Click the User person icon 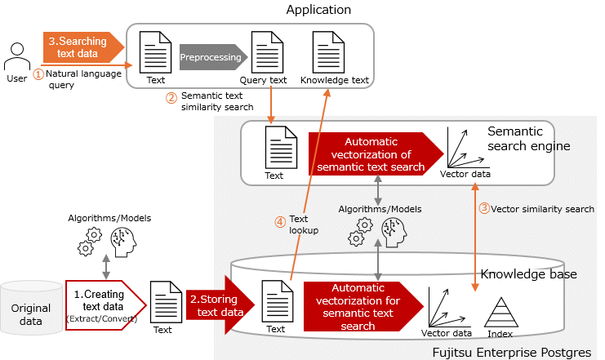click(17, 57)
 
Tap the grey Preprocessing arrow click(212, 57)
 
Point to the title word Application click(318, 10)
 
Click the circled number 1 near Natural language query click(38, 73)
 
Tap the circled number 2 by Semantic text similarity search click(171, 98)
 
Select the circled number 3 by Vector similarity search click(483, 208)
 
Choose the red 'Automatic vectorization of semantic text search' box click(371, 153)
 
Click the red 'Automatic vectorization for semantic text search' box click(363, 306)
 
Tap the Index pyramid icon click(500, 313)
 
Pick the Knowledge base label click(528, 274)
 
